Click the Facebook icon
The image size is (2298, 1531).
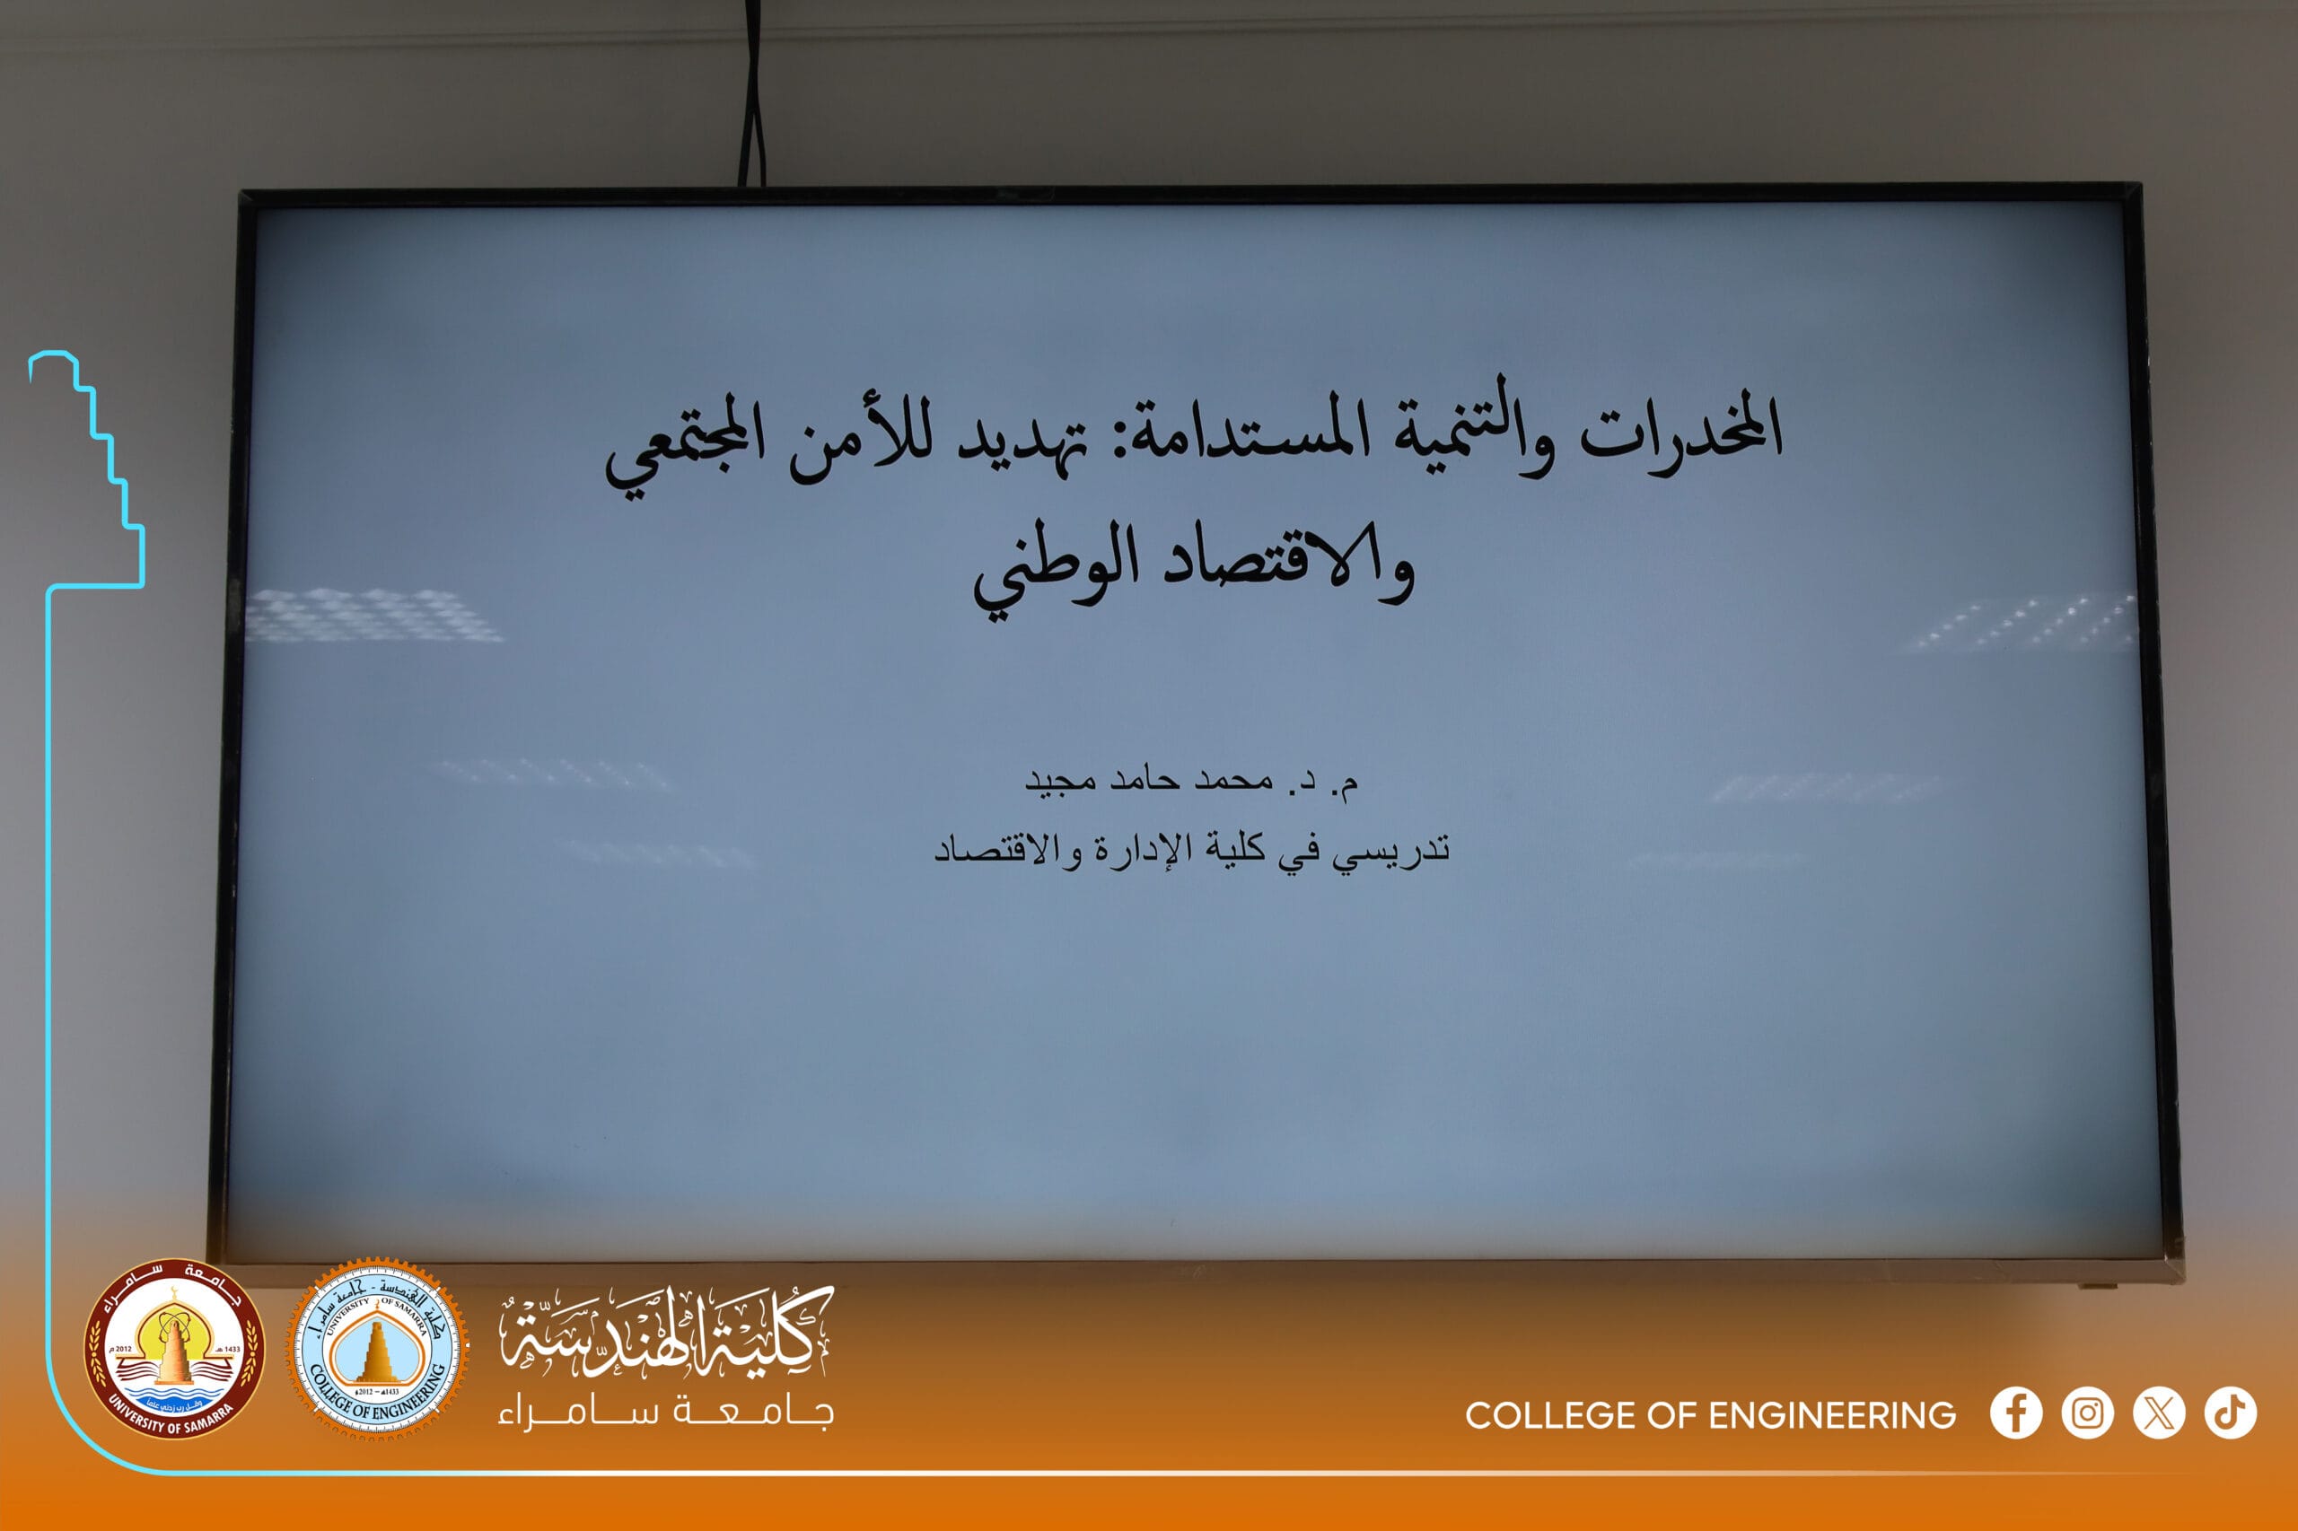click(x=2017, y=1413)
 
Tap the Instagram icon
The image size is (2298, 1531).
click(x=2088, y=1413)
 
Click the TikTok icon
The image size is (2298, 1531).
click(x=2231, y=1413)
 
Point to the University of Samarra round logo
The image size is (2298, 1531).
click(x=175, y=1350)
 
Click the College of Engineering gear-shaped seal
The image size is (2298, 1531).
click(x=377, y=1350)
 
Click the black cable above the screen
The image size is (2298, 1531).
click(x=752, y=92)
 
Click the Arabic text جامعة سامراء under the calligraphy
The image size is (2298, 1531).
click(x=666, y=1413)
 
